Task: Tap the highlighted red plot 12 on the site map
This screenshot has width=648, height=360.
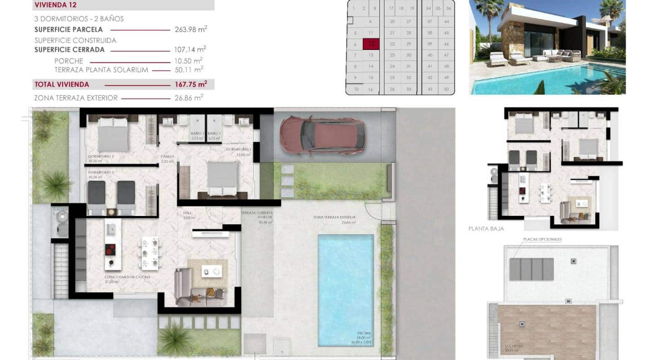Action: click(x=371, y=44)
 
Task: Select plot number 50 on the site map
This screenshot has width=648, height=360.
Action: click(x=446, y=89)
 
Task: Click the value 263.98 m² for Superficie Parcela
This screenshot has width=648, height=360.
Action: click(x=191, y=30)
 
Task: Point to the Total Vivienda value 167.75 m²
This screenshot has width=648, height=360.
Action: click(x=191, y=84)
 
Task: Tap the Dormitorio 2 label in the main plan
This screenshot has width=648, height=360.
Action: click(x=101, y=157)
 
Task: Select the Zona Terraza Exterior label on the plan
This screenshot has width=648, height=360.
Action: click(x=334, y=217)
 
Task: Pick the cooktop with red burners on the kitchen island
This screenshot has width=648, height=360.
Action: click(x=110, y=250)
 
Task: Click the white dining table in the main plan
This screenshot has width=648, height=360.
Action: click(x=150, y=252)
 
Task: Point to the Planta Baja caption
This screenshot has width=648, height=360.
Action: click(x=486, y=229)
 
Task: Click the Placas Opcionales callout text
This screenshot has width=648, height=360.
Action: click(x=542, y=239)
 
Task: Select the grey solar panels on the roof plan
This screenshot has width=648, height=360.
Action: click(x=532, y=269)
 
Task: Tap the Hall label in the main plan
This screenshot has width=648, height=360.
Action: click(x=188, y=213)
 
